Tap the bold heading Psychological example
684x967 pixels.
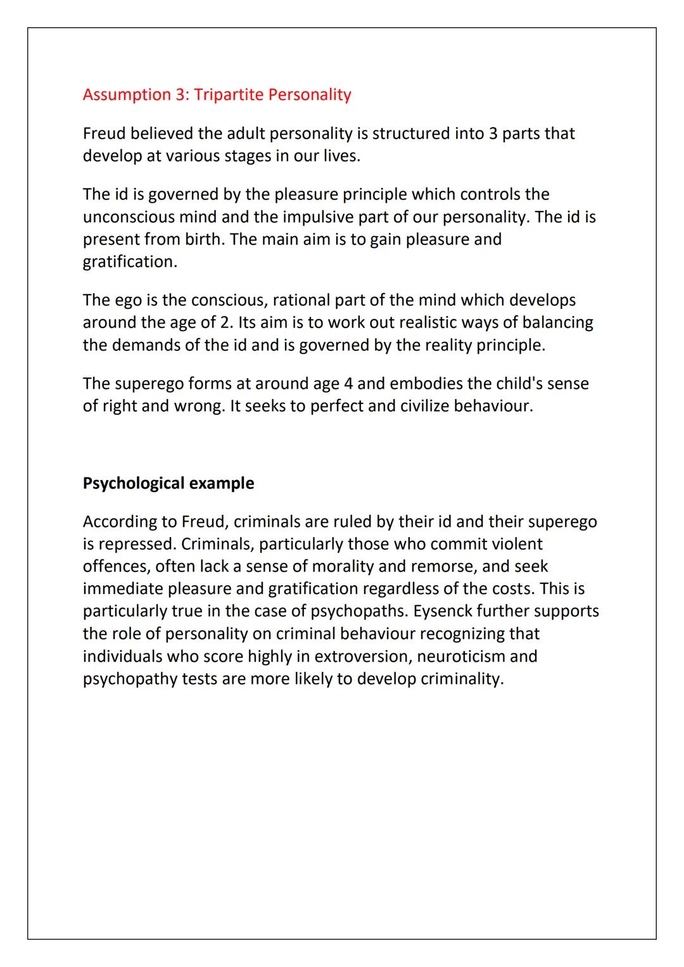pyautogui.click(x=168, y=483)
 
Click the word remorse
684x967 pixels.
pyautogui.click(x=447, y=567)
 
